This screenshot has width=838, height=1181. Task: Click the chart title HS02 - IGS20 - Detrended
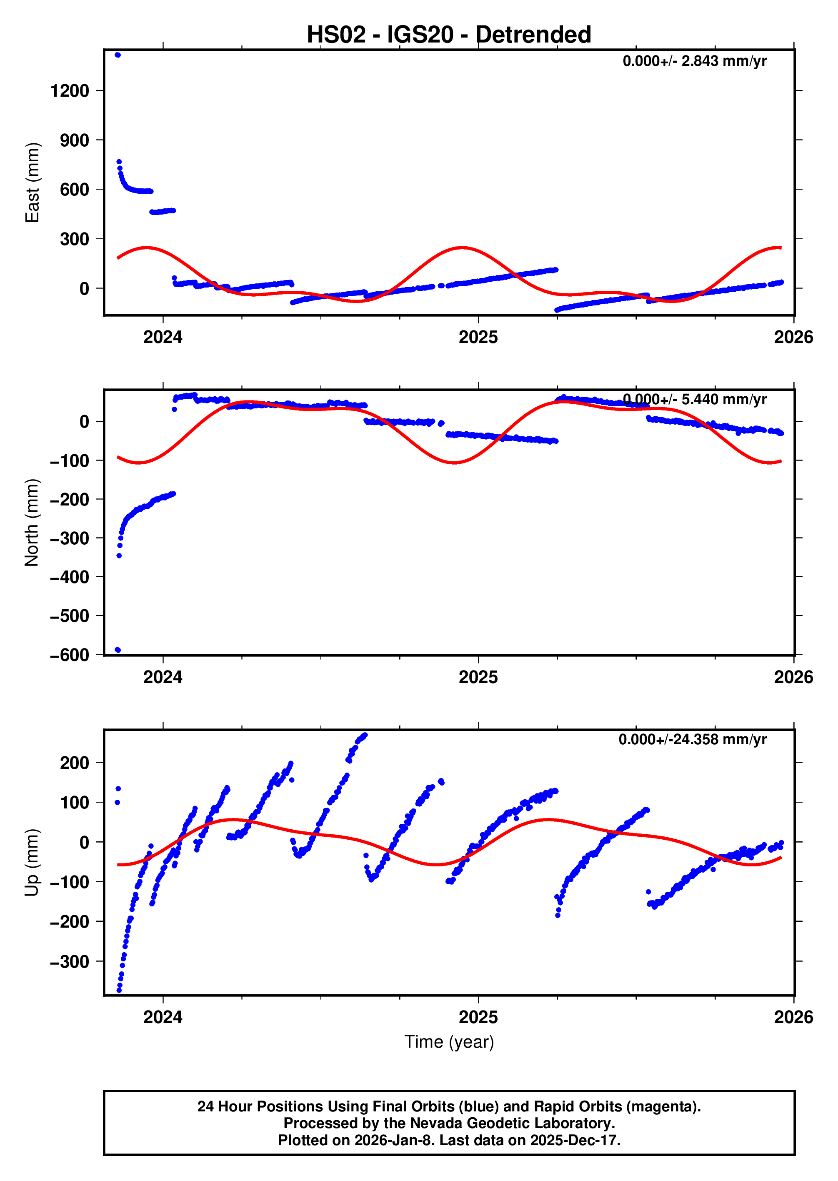(448, 35)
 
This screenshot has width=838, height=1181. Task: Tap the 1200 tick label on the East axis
(70, 91)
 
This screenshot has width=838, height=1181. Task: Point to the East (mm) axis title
(33, 183)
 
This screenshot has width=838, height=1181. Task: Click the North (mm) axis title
(32, 522)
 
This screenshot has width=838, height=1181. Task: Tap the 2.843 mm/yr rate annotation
(694, 61)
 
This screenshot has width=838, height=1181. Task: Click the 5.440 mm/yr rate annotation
(694, 399)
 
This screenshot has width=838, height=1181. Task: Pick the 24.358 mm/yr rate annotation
(692, 739)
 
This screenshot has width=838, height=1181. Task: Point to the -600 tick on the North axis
(70, 655)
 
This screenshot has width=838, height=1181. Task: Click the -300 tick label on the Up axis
(70, 962)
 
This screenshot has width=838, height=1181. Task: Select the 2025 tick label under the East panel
(478, 338)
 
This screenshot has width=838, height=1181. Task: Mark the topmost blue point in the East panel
(118, 55)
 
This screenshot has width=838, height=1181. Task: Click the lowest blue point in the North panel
(118, 650)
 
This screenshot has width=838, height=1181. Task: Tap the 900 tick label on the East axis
(74, 140)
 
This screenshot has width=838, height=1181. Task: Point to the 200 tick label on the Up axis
(74, 763)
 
